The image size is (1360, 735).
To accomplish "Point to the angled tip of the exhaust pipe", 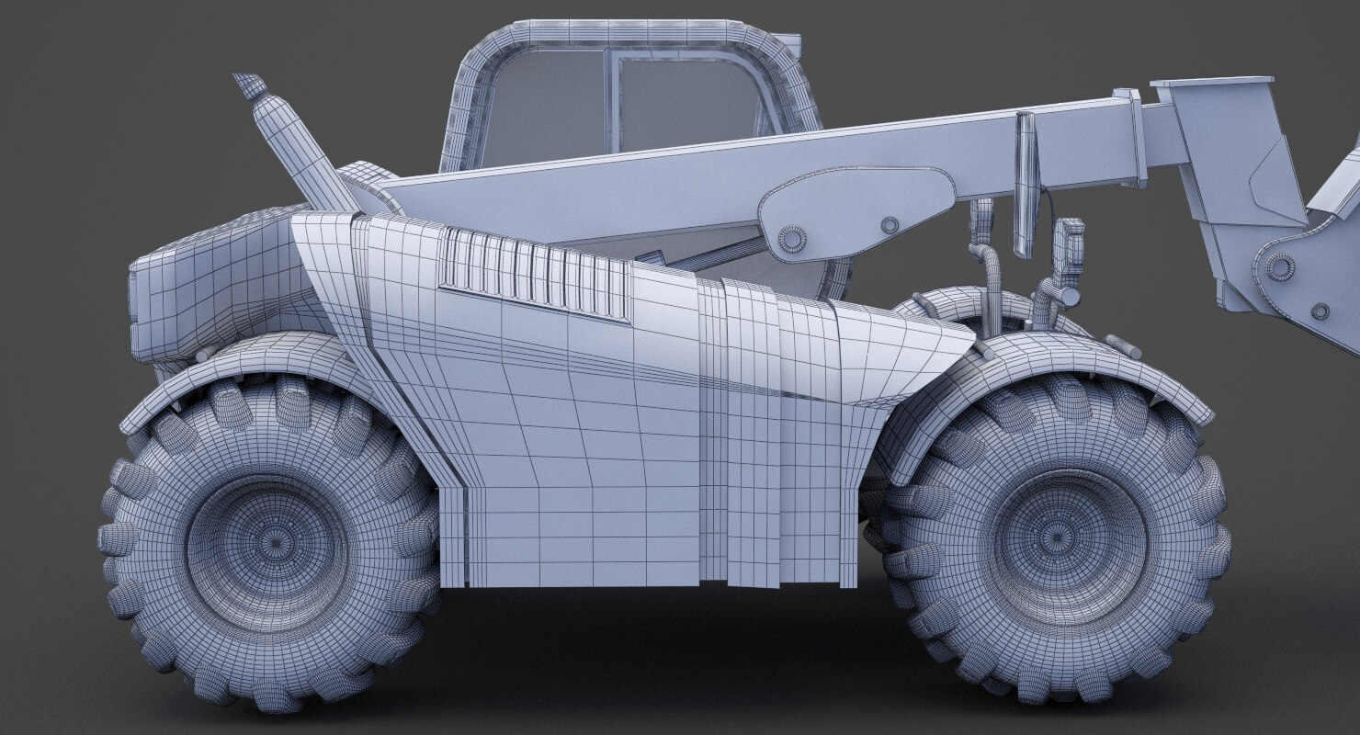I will point(249,86).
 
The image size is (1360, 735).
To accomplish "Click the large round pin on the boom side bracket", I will point(791,239).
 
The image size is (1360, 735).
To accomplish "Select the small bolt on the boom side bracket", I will point(889,225).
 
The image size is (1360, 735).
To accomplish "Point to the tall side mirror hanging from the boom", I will point(1026,184).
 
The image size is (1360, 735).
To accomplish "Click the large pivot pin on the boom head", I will point(1279,267).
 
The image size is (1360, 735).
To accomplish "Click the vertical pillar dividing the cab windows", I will point(611,101).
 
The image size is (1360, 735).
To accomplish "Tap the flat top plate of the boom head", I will point(1211,83).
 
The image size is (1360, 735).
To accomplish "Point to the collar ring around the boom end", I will point(1131,138).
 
